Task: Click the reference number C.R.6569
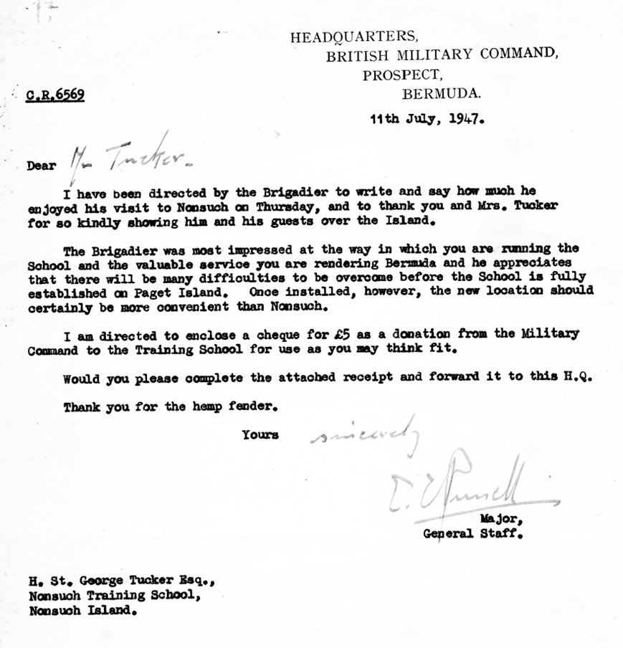(55, 95)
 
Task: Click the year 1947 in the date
(465, 119)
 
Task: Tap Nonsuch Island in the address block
(82, 612)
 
